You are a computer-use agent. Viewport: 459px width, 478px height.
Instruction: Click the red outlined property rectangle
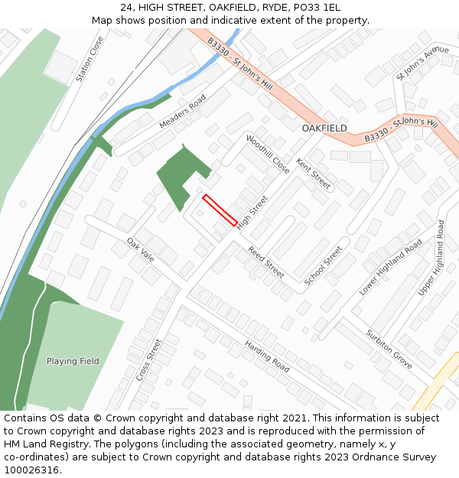[220, 210]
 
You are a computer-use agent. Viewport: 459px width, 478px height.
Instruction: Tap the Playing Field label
[73, 361]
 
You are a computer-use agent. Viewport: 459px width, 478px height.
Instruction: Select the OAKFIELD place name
[324, 128]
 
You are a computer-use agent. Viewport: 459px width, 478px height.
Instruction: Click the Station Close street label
[90, 59]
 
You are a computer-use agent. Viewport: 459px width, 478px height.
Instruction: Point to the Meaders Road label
[183, 112]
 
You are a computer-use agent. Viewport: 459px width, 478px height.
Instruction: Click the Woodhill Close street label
[268, 154]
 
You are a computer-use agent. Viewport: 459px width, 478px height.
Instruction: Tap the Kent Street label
[314, 174]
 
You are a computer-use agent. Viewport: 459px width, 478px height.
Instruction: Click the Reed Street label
[265, 262]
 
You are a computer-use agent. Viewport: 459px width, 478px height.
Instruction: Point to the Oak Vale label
[141, 250]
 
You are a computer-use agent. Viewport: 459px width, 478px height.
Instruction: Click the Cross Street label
[150, 360]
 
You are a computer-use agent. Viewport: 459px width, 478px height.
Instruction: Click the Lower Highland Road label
[390, 267]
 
